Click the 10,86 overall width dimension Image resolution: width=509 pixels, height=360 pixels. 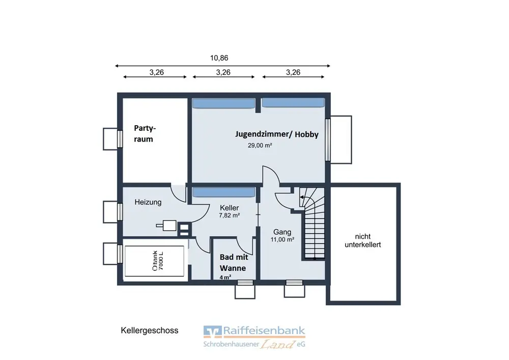click(219, 58)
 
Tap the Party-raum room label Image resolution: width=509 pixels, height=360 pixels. click(145, 133)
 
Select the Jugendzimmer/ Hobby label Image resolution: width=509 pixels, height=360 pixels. click(276, 134)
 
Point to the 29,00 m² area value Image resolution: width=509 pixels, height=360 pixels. click(260, 146)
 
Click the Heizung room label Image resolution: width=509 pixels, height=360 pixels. click(148, 202)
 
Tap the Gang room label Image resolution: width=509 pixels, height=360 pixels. click(282, 232)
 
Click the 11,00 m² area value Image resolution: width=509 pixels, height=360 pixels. click(282, 239)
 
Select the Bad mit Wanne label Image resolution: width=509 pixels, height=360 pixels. click(234, 263)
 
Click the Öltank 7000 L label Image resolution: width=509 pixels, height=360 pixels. click(158, 261)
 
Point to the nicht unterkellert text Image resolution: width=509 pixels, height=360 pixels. click(362, 240)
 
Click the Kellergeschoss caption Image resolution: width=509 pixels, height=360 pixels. click(149, 330)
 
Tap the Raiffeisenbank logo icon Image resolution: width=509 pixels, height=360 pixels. click(213, 331)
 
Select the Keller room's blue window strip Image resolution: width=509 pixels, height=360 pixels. click(223, 192)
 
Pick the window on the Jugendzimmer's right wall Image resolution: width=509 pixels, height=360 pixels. click(328, 140)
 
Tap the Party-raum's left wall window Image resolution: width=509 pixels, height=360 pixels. click(120, 139)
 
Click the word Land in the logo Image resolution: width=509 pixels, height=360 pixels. click(277, 344)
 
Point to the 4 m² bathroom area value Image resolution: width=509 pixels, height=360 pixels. click(225, 278)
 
